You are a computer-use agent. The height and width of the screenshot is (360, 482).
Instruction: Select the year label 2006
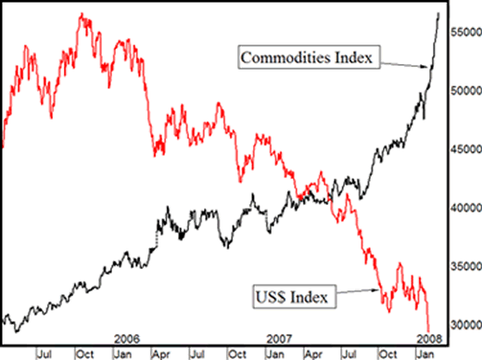click(x=126, y=340)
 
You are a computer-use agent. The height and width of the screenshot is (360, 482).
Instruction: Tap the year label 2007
click(x=279, y=340)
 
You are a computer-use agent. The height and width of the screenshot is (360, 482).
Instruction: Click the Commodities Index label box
click(x=306, y=58)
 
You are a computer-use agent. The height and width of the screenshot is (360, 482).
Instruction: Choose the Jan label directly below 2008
click(x=428, y=353)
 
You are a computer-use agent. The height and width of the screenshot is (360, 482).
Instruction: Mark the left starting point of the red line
click(x=4, y=147)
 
